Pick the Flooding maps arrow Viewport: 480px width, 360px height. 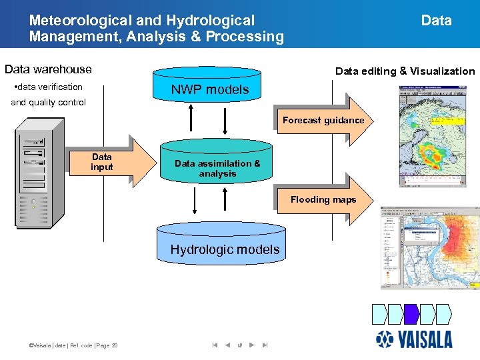(323, 199)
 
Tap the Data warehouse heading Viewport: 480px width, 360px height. (48, 69)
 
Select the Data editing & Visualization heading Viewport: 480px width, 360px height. (405, 71)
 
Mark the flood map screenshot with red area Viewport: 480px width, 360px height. (429, 247)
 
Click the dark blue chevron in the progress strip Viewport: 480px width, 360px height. (411, 313)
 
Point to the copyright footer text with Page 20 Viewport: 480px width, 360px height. (69, 345)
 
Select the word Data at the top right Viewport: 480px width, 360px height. (436, 21)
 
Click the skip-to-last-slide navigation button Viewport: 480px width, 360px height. (265, 345)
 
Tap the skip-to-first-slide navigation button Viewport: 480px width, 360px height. (215, 345)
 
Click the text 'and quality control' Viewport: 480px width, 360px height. (48, 103)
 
